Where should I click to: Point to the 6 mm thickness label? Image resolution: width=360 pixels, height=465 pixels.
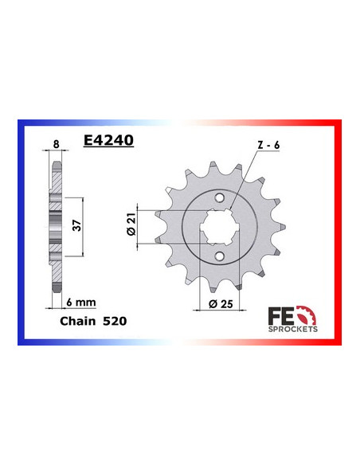[78, 303]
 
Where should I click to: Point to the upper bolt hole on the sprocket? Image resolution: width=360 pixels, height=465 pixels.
[220, 197]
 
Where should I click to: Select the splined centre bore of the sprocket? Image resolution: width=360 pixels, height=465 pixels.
[220, 226]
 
